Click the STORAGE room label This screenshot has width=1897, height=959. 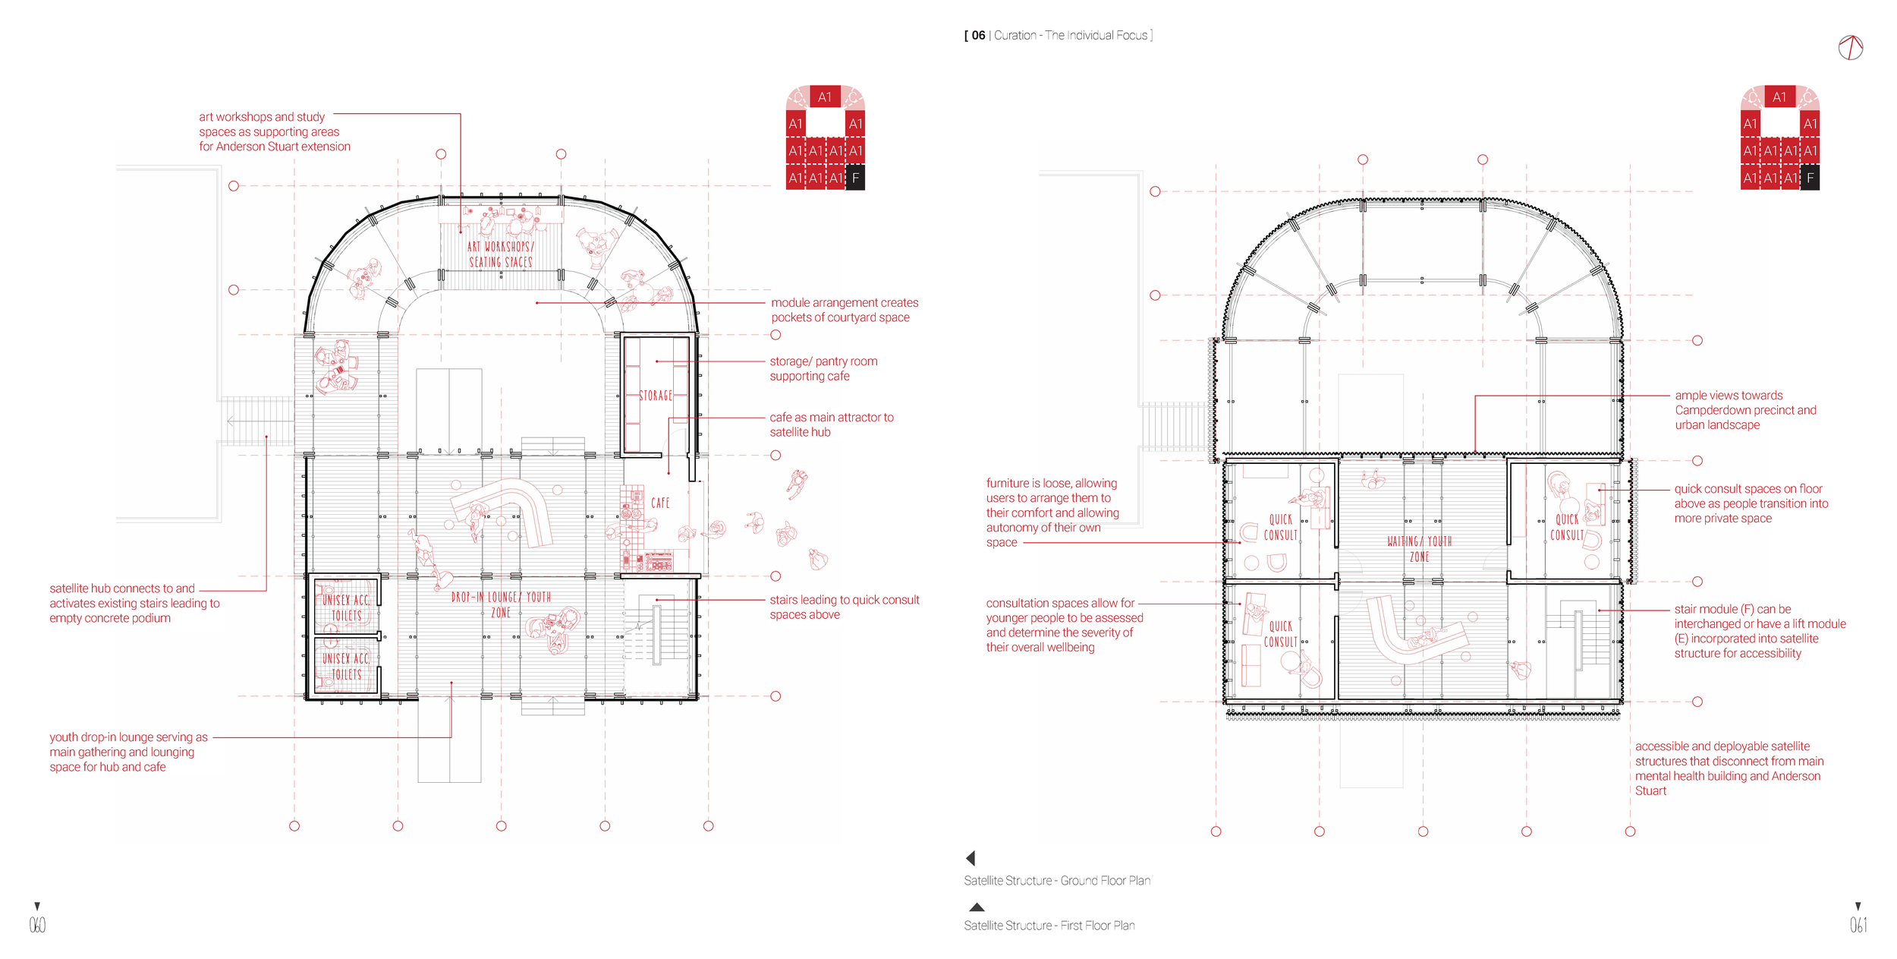[655, 396]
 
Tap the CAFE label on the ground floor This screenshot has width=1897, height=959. [660, 503]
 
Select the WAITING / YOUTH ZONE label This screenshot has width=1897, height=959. [1419, 549]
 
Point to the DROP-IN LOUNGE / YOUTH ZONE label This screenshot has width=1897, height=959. [501, 604]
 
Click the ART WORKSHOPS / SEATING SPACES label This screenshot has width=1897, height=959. [501, 254]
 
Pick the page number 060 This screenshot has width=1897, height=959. [37, 924]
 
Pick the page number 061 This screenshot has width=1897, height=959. [1858, 924]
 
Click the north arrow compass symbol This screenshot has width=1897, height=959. [1851, 48]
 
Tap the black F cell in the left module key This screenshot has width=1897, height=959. [855, 178]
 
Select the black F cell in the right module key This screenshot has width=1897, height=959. [1810, 178]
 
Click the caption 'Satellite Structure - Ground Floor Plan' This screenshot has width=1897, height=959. [1057, 881]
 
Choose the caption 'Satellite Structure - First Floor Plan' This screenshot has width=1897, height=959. [1049, 926]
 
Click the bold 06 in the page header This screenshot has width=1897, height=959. [978, 36]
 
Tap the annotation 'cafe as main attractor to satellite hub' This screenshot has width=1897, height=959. [831, 424]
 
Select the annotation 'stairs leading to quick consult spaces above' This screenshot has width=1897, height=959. [844, 607]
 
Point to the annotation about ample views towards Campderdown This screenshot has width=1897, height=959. [1745, 410]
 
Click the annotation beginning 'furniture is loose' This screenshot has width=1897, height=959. [1052, 513]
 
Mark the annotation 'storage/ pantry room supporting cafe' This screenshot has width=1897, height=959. [823, 369]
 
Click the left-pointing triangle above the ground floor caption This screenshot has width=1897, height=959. [971, 858]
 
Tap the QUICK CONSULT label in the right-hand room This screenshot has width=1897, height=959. [1567, 527]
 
